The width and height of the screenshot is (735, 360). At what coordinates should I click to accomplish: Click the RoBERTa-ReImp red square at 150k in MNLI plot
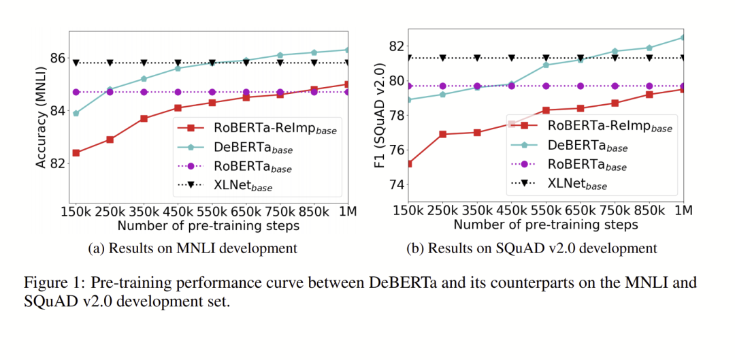(76, 152)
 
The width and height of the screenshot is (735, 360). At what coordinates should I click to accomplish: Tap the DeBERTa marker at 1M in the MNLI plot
(348, 50)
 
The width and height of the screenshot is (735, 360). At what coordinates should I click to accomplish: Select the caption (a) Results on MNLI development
(193, 248)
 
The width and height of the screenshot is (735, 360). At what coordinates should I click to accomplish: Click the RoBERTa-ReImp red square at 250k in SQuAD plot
(443, 134)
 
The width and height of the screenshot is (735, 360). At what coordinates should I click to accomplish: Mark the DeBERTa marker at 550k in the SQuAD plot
(546, 65)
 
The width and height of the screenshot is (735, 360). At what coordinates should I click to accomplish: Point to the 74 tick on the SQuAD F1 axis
(395, 185)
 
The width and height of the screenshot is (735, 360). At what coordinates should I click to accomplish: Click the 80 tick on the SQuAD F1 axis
(395, 81)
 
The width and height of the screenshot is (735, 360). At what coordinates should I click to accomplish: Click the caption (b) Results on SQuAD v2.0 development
(532, 248)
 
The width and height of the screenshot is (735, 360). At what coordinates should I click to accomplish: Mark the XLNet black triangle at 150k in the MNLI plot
(76, 63)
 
